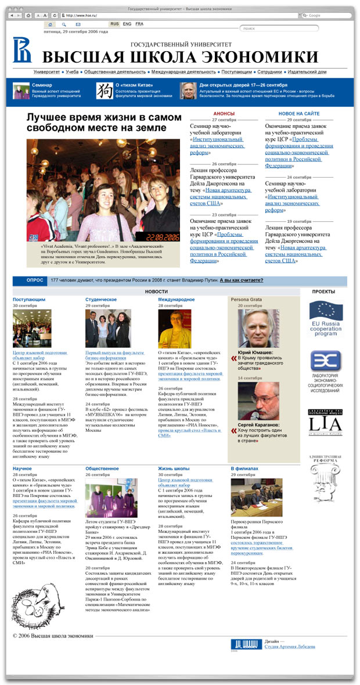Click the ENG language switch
tap(127, 24)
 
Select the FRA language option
tap(139, 24)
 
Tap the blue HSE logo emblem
tap(23, 50)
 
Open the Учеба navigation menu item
tap(72, 71)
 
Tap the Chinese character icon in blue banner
tap(105, 90)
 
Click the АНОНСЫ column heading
tap(224, 114)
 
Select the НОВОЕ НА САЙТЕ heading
tap(298, 114)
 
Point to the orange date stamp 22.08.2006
tap(163, 237)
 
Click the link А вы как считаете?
tap(241, 280)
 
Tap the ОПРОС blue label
tap(35, 280)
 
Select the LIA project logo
tap(325, 422)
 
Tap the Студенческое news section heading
tap(101, 300)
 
